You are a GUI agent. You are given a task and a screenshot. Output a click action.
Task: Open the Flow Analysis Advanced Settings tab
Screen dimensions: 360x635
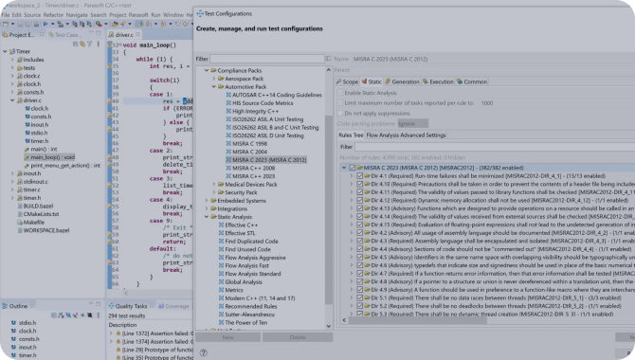tap(406, 135)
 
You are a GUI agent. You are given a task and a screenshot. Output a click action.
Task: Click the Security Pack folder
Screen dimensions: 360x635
tap(238, 192)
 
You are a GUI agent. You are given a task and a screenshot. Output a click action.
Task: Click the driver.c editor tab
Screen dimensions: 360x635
tap(125, 34)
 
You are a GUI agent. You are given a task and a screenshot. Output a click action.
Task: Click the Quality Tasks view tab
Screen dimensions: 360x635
tap(129, 306)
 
